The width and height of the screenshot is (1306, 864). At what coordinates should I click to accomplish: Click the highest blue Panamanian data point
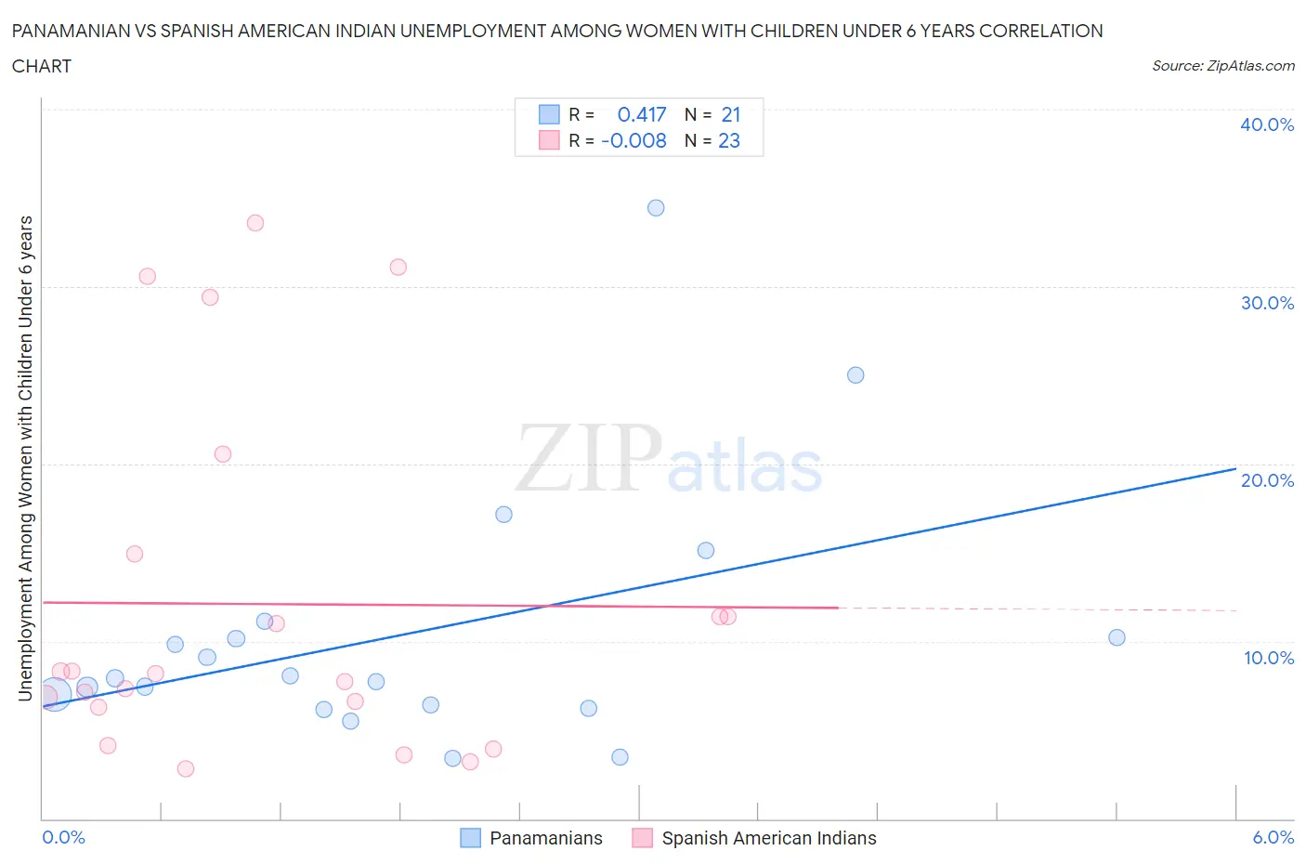[656, 208]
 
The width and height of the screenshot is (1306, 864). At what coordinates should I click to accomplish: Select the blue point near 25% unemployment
[855, 375]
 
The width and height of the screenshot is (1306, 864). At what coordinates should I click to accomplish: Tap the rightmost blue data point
[1117, 637]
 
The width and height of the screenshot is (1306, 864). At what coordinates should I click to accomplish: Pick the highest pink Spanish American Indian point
[255, 223]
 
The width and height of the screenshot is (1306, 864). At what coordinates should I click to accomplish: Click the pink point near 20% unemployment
[223, 454]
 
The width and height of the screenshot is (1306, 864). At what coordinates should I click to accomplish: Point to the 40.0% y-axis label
[1266, 124]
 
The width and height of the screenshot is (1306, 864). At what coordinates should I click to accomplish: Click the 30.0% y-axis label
[1267, 303]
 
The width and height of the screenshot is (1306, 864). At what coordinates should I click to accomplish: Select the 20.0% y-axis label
[1267, 480]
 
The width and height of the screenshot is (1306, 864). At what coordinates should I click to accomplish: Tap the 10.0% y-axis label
[1268, 658]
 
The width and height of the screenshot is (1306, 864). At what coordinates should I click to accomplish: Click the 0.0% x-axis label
[63, 837]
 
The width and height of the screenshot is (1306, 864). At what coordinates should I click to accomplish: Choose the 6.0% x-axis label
[1273, 837]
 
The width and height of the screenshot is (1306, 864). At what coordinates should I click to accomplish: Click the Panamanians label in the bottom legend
[545, 838]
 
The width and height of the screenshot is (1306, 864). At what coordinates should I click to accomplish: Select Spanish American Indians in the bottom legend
[768, 838]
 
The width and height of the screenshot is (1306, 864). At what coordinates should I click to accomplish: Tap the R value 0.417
[642, 114]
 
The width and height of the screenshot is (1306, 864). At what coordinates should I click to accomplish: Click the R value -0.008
[634, 140]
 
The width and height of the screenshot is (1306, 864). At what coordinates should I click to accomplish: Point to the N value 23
[729, 140]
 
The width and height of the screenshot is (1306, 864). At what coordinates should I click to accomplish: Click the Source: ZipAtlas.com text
[1222, 66]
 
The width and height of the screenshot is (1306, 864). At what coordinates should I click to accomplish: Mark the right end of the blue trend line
[1235, 469]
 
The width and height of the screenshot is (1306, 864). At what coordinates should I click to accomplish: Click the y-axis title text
[25, 458]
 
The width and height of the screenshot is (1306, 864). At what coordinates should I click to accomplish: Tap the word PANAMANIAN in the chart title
[79, 31]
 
